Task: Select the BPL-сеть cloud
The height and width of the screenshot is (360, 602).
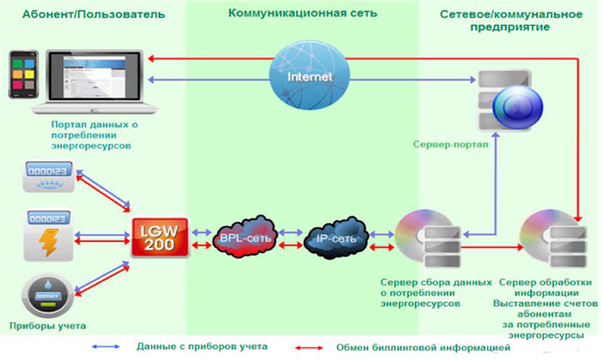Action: [x=244, y=237]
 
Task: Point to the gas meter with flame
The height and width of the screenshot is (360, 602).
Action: [x=49, y=175]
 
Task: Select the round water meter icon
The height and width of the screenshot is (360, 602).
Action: [x=48, y=296]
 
